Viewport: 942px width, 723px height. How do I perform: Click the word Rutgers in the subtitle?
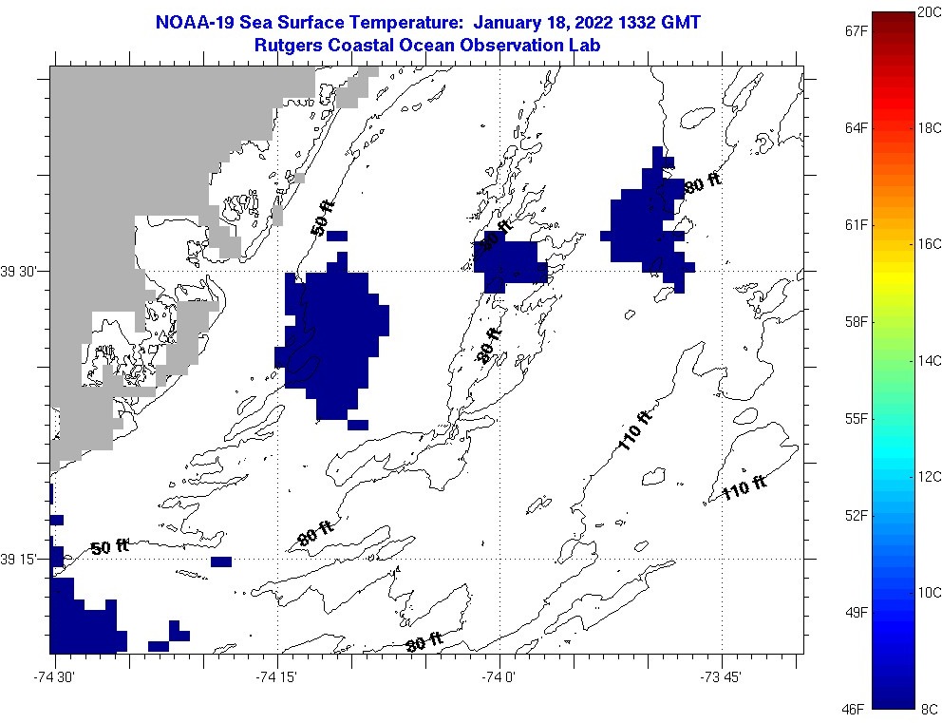coord(289,45)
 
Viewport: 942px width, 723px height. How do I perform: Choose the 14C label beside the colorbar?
coord(929,360)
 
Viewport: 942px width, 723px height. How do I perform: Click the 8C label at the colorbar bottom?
coord(929,709)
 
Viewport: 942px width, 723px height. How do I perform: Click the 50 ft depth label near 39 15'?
coord(109,547)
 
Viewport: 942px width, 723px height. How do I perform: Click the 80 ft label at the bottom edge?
coord(424,643)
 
